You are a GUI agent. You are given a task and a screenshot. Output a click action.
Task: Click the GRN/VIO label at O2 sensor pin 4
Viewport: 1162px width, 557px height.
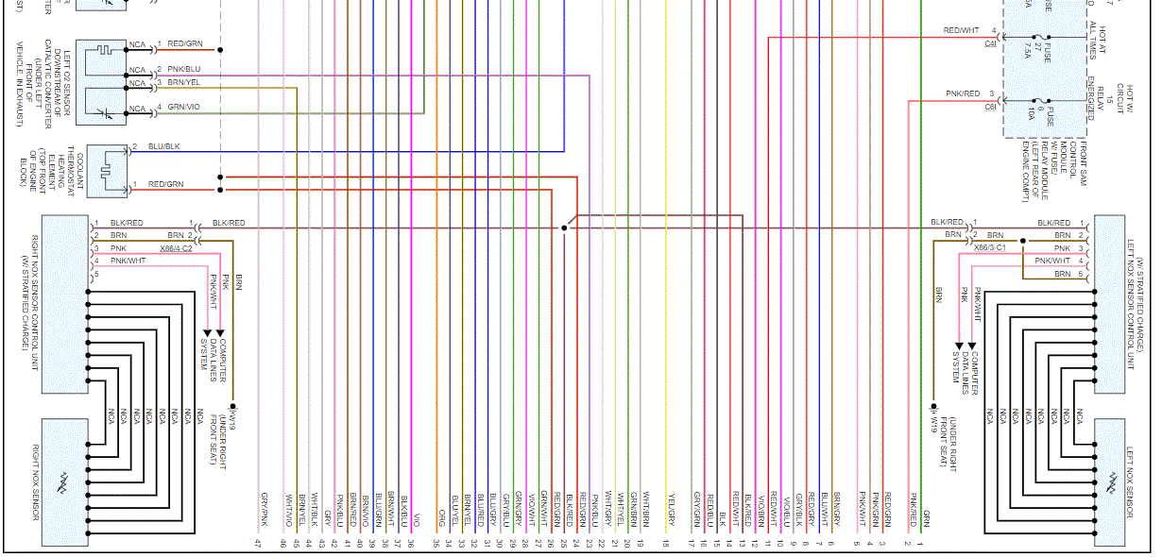(184, 107)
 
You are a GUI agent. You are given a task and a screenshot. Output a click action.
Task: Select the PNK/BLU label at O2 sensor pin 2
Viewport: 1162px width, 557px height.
(184, 70)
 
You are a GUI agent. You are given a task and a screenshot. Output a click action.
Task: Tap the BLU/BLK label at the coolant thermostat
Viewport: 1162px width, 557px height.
(163, 146)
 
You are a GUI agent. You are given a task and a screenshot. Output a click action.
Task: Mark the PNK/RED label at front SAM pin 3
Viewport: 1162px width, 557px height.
(963, 93)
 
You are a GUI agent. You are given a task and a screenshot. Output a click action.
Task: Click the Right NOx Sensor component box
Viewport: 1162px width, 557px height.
(65, 481)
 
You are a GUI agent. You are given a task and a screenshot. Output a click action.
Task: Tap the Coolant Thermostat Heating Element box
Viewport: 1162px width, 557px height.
(108, 171)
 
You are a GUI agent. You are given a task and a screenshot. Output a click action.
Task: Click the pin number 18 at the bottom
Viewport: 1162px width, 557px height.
(665, 543)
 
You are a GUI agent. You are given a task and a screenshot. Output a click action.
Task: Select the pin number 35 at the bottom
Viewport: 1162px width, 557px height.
(436, 543)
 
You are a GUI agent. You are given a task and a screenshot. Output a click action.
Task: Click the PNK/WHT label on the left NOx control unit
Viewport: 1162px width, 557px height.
(1053, 260)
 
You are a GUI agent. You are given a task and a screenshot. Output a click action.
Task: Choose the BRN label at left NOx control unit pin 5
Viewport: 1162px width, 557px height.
(1063, 273)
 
